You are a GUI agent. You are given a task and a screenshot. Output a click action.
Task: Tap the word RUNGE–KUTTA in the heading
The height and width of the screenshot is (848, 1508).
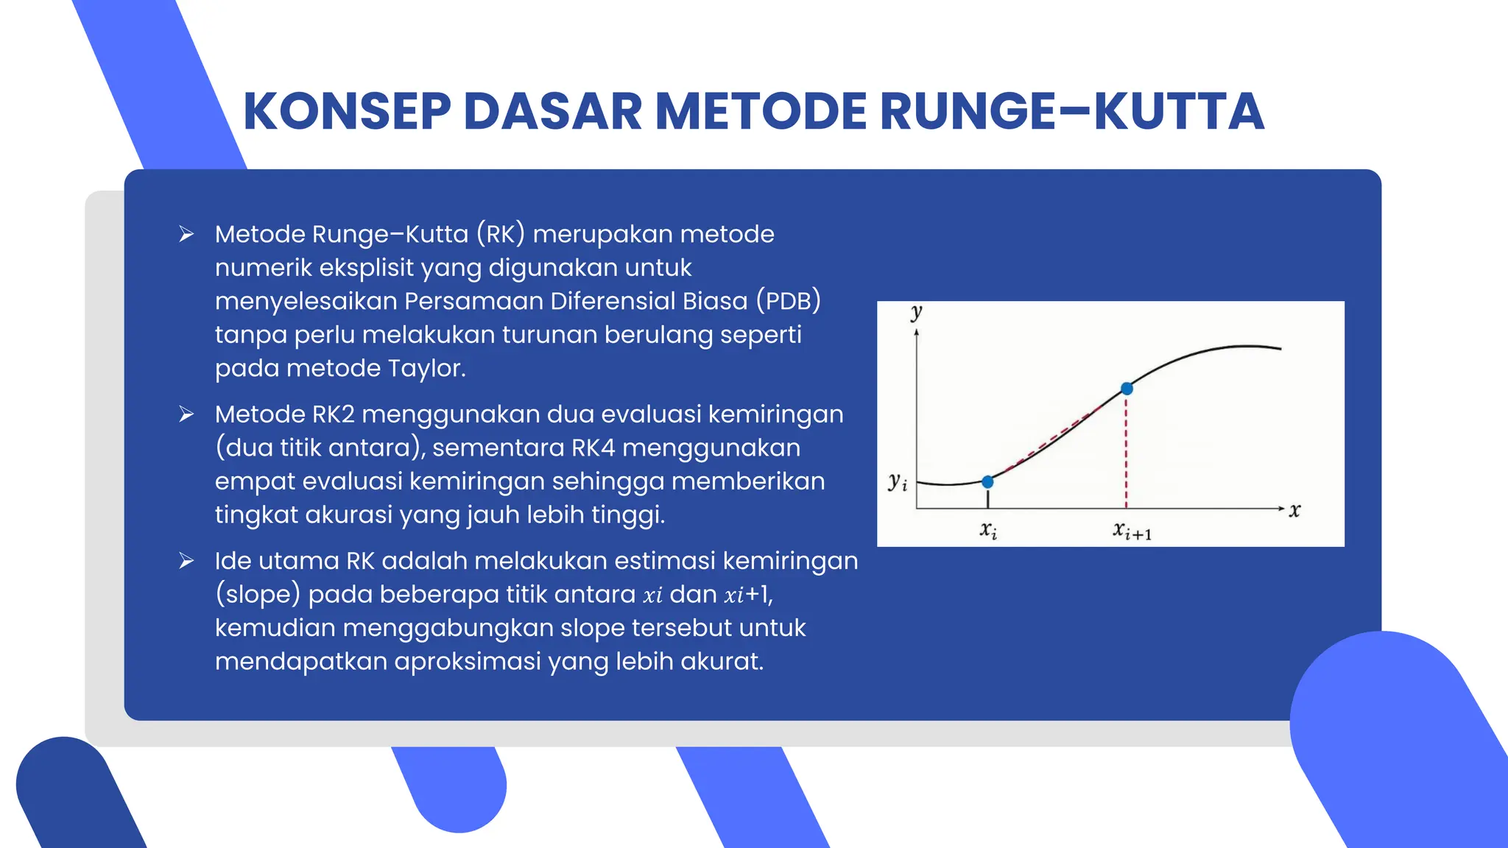pyautogui.click(x=1071, y=112)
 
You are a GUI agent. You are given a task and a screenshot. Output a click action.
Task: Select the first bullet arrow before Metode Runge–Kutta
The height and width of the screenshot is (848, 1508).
pyautogui.click(x=186, y=234)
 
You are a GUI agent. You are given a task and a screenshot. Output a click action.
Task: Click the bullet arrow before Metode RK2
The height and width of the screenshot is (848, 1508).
pyautogui.click(x=186, y=414)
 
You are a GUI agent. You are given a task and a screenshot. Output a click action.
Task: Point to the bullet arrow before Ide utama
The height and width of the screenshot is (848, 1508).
pyautogui.click(x=186, y=561)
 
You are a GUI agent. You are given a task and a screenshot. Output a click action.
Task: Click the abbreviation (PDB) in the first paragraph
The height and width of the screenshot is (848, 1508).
pyautogui.click(x=788, y=301)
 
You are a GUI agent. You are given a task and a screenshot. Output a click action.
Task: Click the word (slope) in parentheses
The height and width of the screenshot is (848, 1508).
pyautogui.click(x=258, y=594)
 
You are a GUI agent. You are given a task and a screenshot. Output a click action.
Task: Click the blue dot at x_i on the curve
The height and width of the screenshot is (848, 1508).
pyautogui.click(x=988, y=481)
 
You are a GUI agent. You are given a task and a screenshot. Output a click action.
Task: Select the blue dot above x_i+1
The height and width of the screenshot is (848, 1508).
pyautogui.click(x=1127, y=389)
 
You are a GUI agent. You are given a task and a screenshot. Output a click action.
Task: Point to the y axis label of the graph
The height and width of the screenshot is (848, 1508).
pyautogui.click(x=916, y=312)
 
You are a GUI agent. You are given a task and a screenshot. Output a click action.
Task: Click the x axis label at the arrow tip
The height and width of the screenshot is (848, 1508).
pyautogui.click(x=1294, y=510)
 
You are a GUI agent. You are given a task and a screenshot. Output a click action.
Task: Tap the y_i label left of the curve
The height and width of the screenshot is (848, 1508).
pyautogui.click(x=897, y=482)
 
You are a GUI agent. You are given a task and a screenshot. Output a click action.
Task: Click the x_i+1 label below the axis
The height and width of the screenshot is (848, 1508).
pyautogui.click(x=1132, y=531)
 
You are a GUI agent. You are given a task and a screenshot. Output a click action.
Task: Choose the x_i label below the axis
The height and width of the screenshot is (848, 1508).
pyautogui.click(x=988, y=530)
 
